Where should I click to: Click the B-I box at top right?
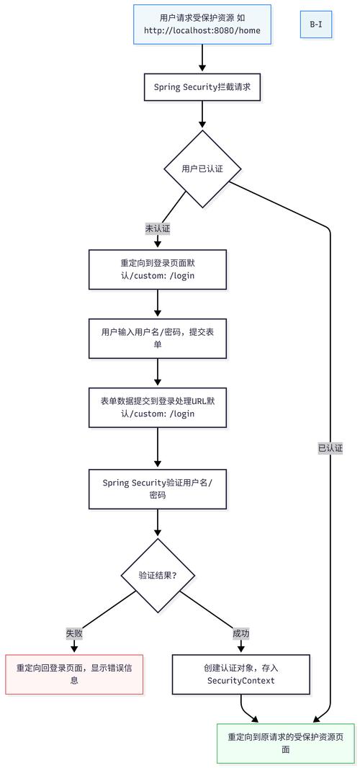click(316, 24)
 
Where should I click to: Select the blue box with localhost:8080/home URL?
click(202, 24)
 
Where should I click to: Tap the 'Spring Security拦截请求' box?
click(202, 87)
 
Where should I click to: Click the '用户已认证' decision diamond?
click(202, 169)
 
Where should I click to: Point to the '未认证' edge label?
click(158, 228)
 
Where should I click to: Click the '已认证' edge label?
click(330, 448)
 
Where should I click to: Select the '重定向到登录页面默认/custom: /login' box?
click(158, 269)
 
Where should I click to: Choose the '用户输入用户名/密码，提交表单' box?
click(158, 338)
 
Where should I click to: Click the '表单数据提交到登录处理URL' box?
click(158, 407)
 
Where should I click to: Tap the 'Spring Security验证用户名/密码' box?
click(158, 489)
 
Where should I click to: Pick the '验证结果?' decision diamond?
click(158, 576)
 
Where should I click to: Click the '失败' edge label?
click(74, 634)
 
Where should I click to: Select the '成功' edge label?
click(241, 634)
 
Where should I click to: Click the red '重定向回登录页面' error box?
click(74, 674)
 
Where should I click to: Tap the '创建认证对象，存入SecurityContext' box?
click(241, 674)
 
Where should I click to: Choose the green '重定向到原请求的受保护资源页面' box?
click(286, 743)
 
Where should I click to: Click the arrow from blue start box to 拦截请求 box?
click(202, 58)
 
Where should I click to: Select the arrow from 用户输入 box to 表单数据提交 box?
click(158, 372)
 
